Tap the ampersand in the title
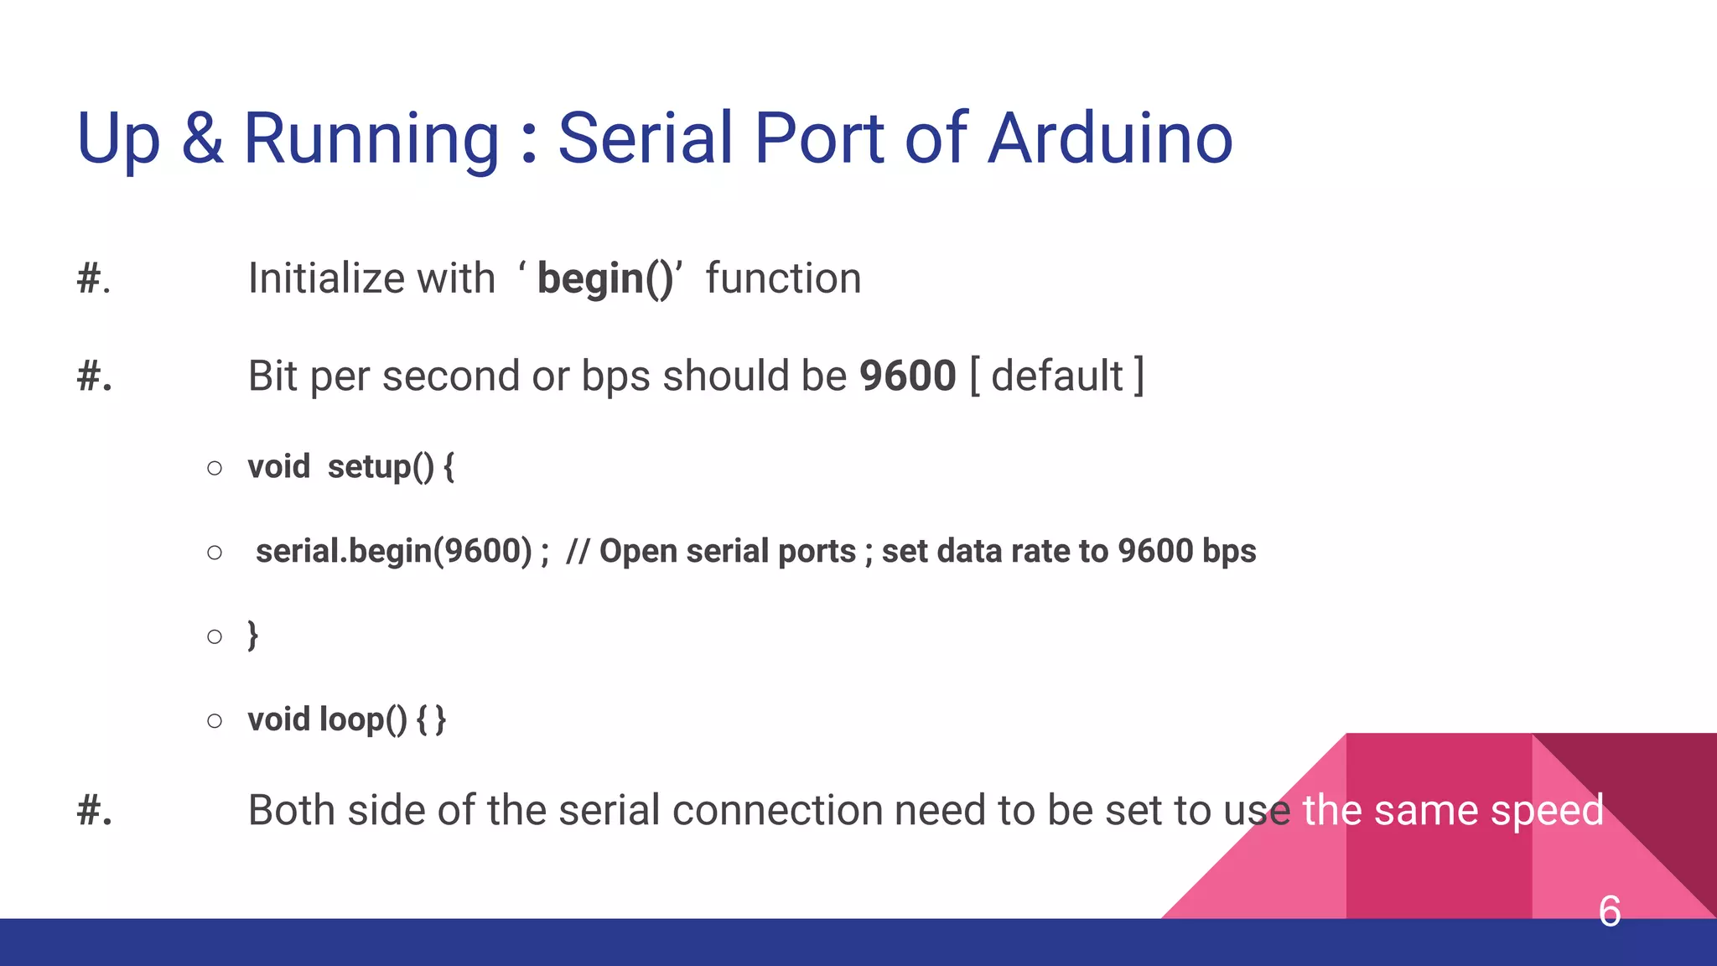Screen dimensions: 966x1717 (x=202, y=138)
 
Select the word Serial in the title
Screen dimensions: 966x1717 (x=645, y=138)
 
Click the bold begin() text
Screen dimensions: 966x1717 (x=605, y=279)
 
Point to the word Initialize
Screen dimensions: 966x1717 (x=324, y=278)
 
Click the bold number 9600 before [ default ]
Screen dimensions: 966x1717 (x=907, y=376)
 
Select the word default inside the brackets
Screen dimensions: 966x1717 (x=1056, y=376)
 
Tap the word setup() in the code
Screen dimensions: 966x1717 (x=381, y=467)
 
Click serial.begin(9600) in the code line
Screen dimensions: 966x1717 (x=393, y=551)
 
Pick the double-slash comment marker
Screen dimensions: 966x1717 (x=578, y=551)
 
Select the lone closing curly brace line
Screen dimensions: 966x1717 (x=252, y=636)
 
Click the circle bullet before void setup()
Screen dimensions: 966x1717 (x=215, y=468)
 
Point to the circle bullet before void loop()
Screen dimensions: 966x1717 (x=215, y=720)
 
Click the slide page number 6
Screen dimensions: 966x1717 (x=1609, y=911)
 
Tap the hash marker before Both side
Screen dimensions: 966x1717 (x=93, y=811)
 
